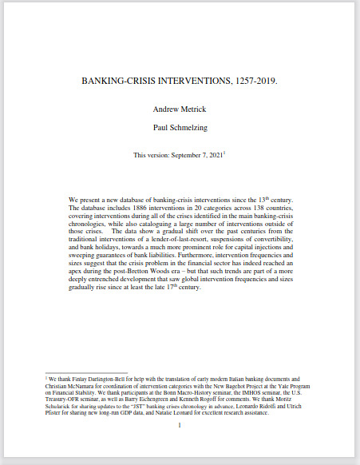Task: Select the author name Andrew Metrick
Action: pos(180,109)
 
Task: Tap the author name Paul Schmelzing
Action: pos(180,126)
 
